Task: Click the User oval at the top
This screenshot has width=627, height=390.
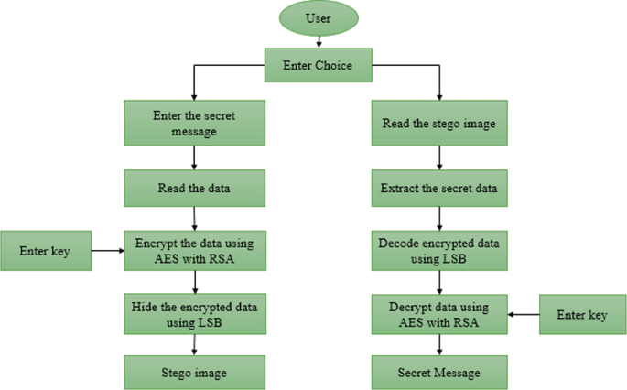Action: (318, 18)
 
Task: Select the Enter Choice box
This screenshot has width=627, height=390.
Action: (318, 65)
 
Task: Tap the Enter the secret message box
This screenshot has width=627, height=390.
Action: (195, 123)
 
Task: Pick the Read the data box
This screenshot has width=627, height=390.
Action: (195, 189)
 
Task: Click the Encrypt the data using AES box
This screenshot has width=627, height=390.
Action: (195, 250)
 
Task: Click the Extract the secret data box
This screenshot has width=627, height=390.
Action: (439, 190)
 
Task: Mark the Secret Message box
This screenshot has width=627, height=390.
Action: (439, 373)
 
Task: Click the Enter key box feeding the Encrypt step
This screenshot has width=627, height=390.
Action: (46, 250)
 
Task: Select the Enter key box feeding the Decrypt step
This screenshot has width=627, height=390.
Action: (582, 314)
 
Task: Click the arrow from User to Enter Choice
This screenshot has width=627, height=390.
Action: (318, 41)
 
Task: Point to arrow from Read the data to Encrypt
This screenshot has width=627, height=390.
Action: (195, 218)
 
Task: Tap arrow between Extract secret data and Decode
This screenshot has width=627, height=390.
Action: (439, 219)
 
